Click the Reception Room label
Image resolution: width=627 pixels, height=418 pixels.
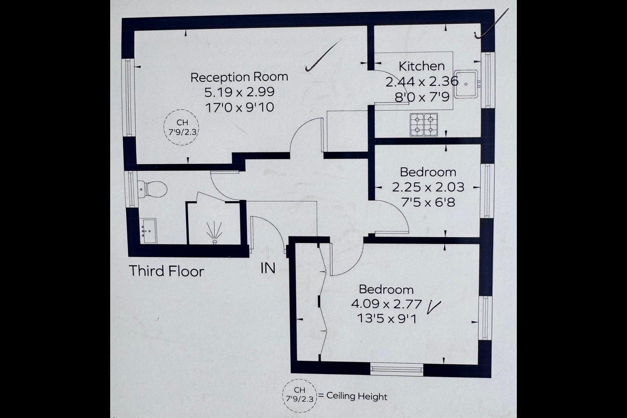[239, 77]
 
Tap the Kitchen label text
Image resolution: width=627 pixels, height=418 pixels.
[421, 66]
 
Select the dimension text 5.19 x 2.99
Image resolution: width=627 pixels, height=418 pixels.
[239, 92]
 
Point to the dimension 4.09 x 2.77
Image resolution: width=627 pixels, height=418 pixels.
[386, 303]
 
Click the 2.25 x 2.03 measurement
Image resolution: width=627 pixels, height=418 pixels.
[428, 187]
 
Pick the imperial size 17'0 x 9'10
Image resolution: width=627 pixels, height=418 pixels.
[239, 107]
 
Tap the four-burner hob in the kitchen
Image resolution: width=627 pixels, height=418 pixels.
[423, 124]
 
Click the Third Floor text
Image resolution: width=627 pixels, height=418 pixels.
[166, 271]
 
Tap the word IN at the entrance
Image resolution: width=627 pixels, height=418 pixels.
[268, 268]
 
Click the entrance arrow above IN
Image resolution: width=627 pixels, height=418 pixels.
[267, 251]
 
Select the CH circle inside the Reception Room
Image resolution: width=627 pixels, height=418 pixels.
[181, 127]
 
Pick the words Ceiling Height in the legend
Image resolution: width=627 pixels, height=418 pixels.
[357, 396]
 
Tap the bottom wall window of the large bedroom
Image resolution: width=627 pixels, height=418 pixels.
[396, 369]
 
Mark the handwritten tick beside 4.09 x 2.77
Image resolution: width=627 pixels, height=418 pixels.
[434, 306]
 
